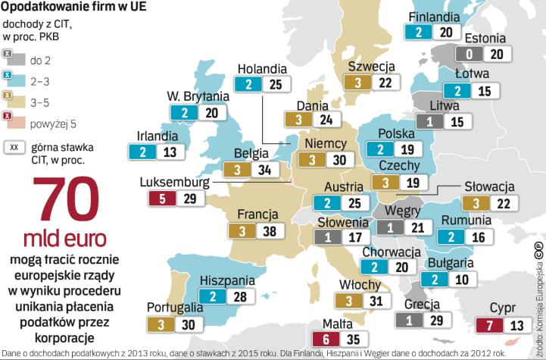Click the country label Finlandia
click(433, 17)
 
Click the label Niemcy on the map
click(326, 143)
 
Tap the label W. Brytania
click(198, 96)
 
